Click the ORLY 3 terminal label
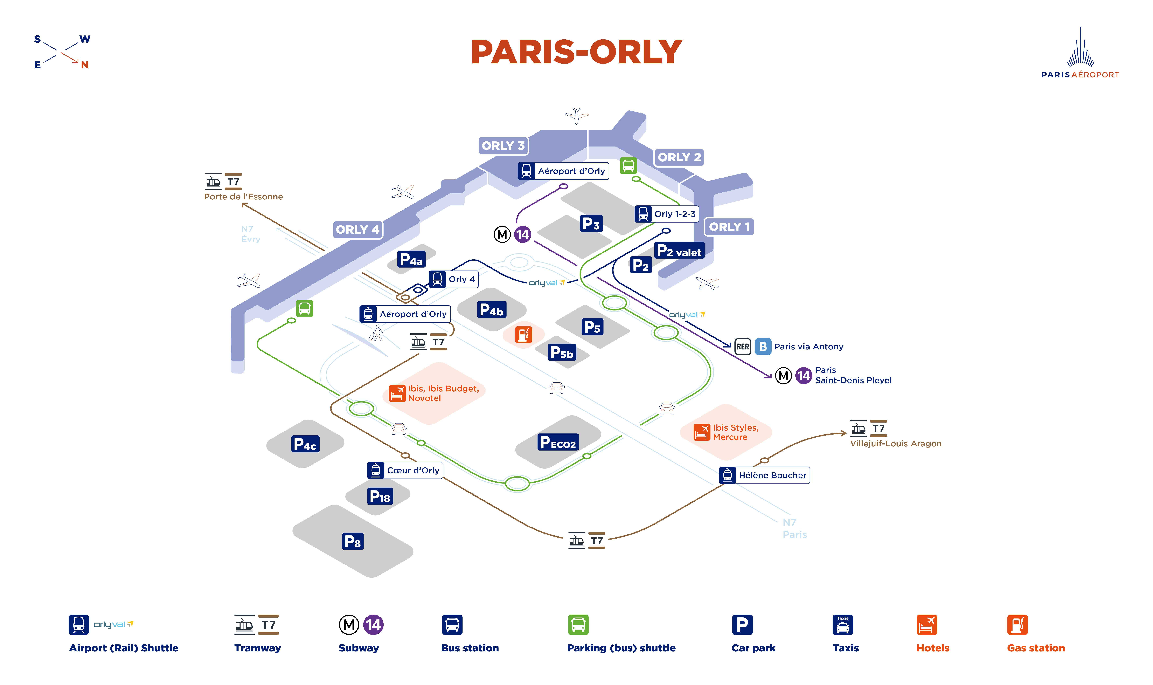503,145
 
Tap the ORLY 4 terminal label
357,229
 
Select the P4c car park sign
305,444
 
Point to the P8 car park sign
353,541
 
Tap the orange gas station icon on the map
524,334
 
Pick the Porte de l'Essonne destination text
243,197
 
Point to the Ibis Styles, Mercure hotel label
735,432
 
